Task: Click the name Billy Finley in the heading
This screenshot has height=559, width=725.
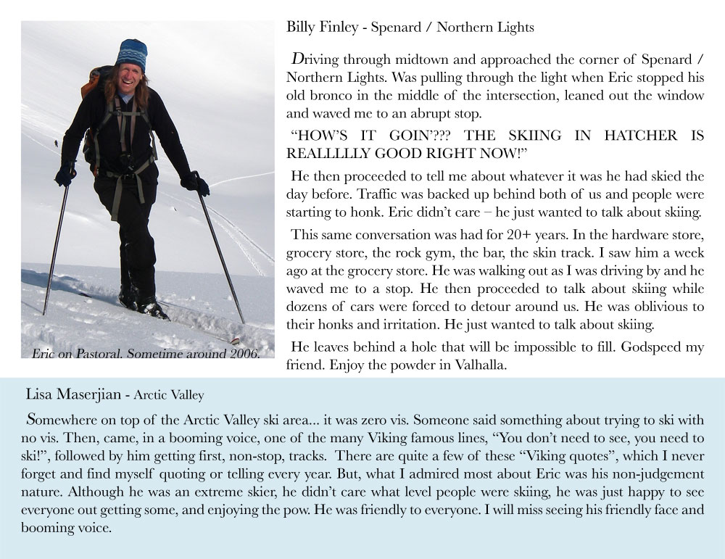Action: pos(324,28)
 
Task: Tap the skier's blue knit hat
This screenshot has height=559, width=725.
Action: pos(132,54)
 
